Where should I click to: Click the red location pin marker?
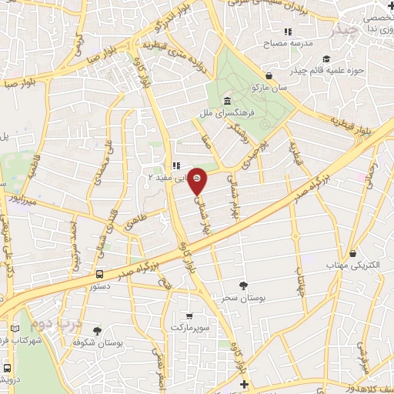click(198, 179)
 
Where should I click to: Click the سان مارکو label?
click(272, 88)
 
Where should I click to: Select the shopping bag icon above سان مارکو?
click(269, 75)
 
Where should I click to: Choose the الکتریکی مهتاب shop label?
click(353, 265)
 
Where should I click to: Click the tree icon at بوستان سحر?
click(243, 285)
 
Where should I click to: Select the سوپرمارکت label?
click(189, 328)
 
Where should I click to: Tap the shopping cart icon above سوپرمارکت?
click(190, 316)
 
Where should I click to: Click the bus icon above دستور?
click(99, 273)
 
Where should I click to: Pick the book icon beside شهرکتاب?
click(16, 329)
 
